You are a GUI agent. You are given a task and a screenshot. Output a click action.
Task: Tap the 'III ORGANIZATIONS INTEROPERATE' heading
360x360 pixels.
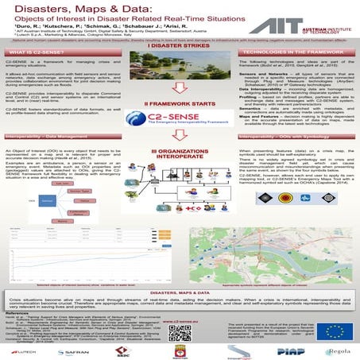pos(179,173)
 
